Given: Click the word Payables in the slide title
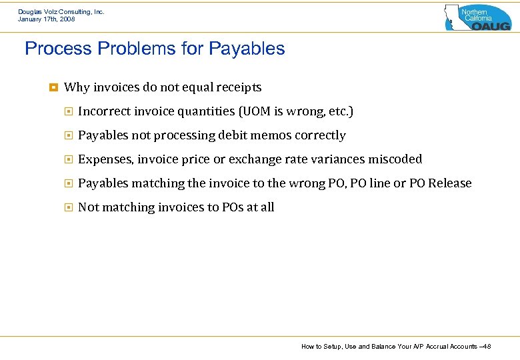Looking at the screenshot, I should point(247,49).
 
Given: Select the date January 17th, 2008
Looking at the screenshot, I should point(46,19).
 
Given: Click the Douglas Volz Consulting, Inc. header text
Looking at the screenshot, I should point(61,11).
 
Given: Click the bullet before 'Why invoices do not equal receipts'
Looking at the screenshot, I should point(53,87).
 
